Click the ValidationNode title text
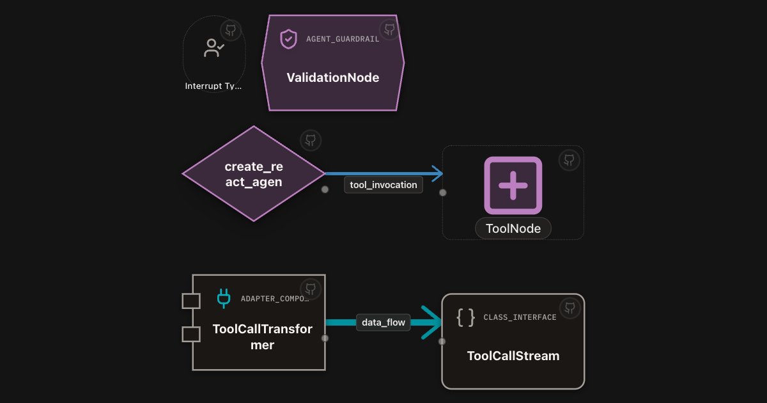click(333, 78)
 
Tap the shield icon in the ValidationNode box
click(288, 39)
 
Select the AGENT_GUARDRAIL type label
click(343, 39)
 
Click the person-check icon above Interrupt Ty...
click(214, 47)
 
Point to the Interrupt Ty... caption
click(213, 86)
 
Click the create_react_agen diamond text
click(254, 174)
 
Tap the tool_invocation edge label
click(383, 185)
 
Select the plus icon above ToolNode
click(513, 186)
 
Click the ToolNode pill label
click(513, 228)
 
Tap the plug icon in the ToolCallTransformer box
click(224, 298)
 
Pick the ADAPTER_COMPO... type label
click(275, 299)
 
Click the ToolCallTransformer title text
click(262, 337)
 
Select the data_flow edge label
click(383, 322)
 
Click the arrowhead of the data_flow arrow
click(432, 322)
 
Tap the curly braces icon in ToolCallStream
click(466, 317)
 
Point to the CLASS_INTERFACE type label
click(520, 317)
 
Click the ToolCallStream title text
click(513, 356)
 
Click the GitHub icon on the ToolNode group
click(569, 160)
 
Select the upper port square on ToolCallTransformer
click(191, 301)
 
